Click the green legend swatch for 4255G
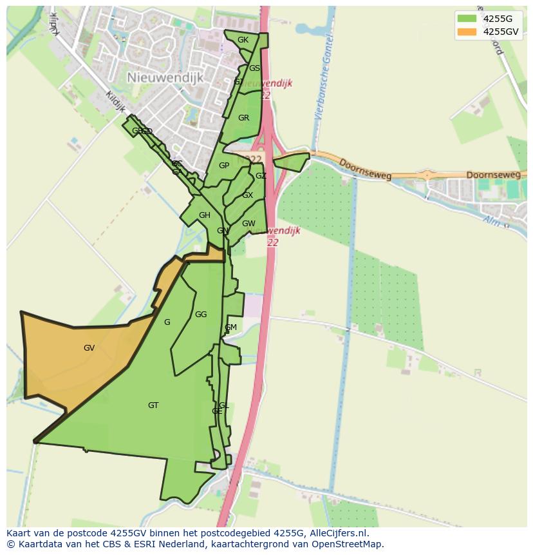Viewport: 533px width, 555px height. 466,19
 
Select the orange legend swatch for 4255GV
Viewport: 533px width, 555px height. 466,32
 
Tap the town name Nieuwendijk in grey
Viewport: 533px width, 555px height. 165,77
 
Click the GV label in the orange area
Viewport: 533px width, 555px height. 89,348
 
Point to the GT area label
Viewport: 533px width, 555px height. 153,405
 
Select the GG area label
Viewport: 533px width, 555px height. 201,315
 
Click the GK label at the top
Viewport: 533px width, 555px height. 243,40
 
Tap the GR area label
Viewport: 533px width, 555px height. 243,118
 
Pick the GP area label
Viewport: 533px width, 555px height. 224,166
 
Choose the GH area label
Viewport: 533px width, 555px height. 204,215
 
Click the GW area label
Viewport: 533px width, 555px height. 248,224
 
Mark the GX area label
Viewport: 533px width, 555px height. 248,195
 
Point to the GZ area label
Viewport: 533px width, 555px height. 261,176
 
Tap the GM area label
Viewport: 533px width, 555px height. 230,327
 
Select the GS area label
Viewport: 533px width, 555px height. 254,68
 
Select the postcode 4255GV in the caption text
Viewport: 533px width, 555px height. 120,534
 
